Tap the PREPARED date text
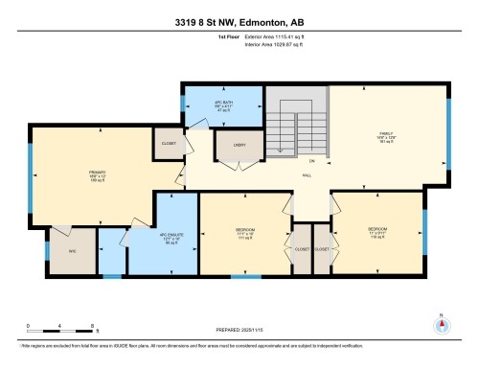coord(239,330)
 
